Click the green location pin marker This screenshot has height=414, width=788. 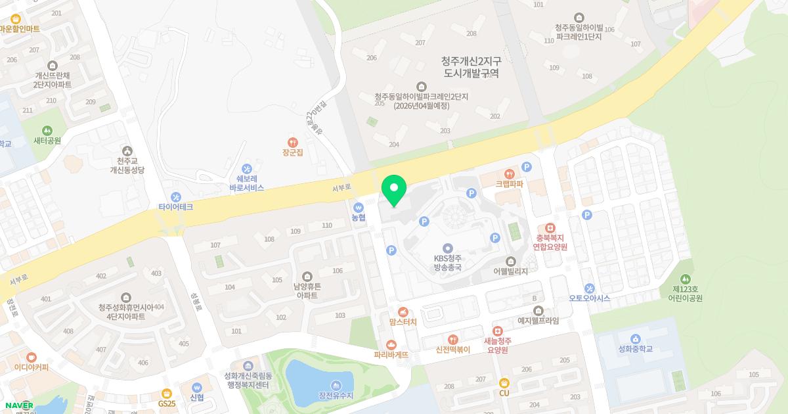coord(394,191)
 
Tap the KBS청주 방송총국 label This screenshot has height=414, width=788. coord(448,263)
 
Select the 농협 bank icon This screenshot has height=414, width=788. coord(358,207)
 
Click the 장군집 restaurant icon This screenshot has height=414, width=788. coord(293,142)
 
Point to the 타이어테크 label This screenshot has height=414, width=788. coord(175,207)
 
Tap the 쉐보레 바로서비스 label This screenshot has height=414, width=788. coord(247,183)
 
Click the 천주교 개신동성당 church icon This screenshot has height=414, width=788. coord(127,150)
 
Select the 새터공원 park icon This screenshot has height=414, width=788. coord(47,131)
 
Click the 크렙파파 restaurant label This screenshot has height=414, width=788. coord(509,184)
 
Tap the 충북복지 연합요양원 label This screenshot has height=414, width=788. coord(550,242)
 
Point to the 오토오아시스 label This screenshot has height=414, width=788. coord(589,298)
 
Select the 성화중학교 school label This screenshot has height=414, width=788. coord(636,349)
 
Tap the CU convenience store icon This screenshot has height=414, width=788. coord(504,382)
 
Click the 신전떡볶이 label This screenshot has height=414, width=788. coord(453,350)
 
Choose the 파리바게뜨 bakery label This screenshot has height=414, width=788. coord(391,355)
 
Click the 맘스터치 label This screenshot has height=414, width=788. coord(403,322)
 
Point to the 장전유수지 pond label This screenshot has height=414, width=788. coord(336,396)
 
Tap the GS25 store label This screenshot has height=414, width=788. coord(167,403)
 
